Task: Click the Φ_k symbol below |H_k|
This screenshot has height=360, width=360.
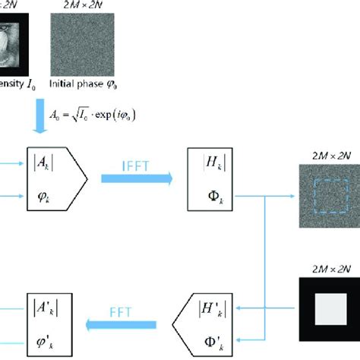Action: [x=208, y=195]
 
